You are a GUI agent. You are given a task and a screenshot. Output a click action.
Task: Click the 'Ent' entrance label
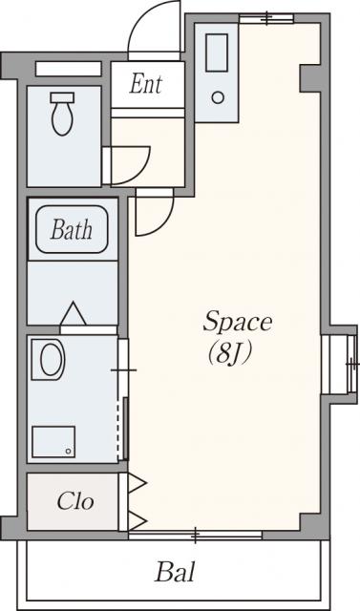(x=146, y=83)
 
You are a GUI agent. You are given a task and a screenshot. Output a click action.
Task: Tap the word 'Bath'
(x=72, y=229)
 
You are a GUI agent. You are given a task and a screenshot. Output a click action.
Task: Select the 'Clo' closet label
(x=75, y=501)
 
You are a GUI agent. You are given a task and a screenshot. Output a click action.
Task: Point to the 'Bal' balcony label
(x=175, y=573)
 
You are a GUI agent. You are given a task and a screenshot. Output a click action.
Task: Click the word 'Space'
(x=237, y=322)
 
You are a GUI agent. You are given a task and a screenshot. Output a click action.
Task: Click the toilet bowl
(x=62, y=119)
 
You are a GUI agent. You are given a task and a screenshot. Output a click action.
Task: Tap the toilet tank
(x=62, y=97)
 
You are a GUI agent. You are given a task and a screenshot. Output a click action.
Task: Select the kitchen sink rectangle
(x=217, y=53)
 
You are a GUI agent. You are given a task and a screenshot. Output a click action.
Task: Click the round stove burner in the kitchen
(x=218, y=97)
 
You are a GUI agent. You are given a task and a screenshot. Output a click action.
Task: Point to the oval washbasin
(x=52, y=359)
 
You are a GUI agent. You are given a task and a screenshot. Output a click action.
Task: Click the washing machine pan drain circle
(x=69, y=451)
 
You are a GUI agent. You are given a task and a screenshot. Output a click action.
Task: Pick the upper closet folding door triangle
(x=137, y=483)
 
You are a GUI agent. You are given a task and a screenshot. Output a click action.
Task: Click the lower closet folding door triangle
(x=137, y=520)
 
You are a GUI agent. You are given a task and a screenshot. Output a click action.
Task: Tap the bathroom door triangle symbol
(x=73, y=313)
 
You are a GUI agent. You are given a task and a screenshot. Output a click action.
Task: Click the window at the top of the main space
(x=266, y=18)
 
